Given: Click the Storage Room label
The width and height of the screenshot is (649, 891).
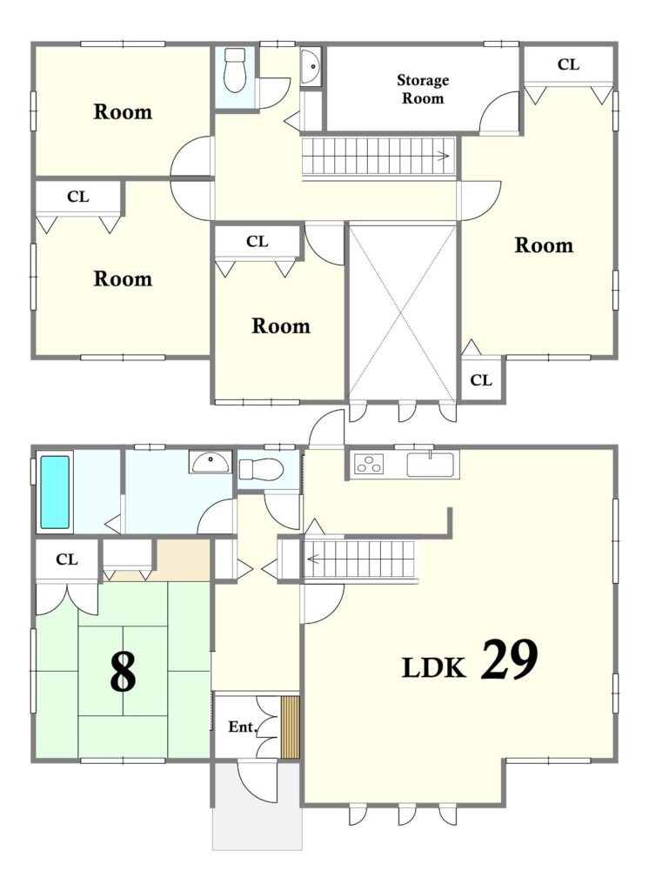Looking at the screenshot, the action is tap(422, 90).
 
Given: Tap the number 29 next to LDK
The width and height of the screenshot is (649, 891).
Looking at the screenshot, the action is tap(509, 660).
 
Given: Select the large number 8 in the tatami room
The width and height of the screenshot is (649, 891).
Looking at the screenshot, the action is tap(123, 672).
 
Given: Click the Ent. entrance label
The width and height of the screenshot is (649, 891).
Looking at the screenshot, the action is tap(244, 727).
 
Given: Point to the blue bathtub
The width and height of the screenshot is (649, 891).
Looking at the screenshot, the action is tap(55, 492).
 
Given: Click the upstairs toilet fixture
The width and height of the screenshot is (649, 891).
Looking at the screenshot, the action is tap(234, 70).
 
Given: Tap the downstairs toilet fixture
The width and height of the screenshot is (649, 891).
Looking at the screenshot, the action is tap(261, 469).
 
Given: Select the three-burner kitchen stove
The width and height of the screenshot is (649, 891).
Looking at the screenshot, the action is tap(369, 464).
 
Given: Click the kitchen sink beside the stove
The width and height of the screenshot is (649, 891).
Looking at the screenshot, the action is tap(431, 464).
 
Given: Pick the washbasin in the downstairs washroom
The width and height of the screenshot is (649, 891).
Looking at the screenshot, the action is tap(211, 462).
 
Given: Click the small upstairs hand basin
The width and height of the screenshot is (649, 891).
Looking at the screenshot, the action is tap(311, 67).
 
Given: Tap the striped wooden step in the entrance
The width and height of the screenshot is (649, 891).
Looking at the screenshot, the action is tap(290, 727).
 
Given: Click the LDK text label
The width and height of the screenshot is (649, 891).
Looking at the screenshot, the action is tap(434, 667).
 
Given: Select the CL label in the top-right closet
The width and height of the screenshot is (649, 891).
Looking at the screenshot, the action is tap(568, 64).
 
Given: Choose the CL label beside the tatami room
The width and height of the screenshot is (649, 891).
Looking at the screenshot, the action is tap(67, 559).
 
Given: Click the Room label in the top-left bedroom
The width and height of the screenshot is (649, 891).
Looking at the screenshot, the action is tap(123, 111).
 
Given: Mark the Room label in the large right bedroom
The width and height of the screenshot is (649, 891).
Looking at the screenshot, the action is tap(544, 245).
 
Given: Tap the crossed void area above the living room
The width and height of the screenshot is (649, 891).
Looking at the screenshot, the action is tap(402, 312).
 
